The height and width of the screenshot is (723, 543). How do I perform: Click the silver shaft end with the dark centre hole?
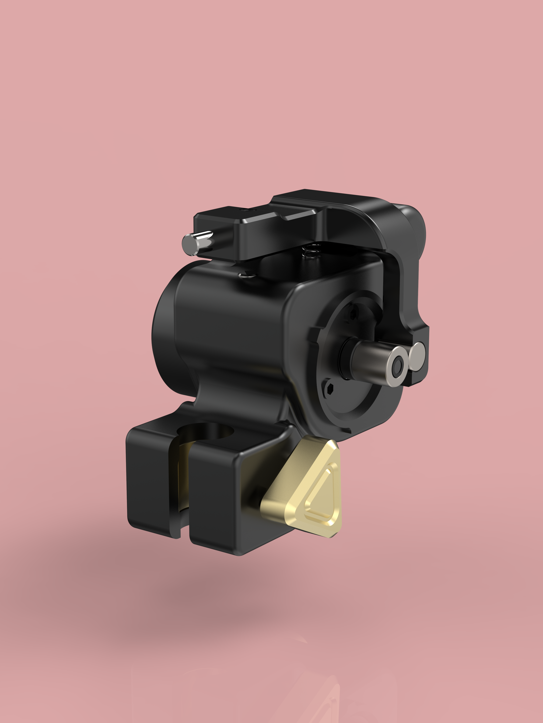click(397, 366)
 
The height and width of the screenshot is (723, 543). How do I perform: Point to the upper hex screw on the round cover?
click(353, 315)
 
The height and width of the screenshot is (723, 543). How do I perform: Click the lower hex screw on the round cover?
click(330, 389)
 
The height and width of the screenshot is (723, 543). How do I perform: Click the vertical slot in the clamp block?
click(184, 490)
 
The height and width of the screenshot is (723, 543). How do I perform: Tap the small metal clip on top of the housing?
click(246, 274)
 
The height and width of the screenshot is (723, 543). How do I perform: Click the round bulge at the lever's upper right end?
click(414, 226)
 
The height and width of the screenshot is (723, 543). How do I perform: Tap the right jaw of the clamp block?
click(213, 497)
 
